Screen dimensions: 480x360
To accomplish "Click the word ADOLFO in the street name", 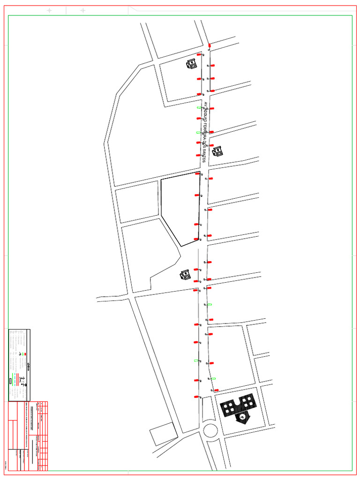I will click(204, 115).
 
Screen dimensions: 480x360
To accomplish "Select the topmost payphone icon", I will click(191, 64).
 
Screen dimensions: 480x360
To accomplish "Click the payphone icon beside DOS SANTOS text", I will click(217, 151).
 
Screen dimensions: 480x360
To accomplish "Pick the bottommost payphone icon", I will click(185, 274).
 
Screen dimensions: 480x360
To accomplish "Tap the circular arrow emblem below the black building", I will click(242, 417).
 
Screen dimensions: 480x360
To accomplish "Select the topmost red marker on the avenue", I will click(209, 45).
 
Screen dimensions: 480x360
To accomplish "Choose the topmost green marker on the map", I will click(199, 107).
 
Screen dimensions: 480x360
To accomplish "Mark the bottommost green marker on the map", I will click(213, 378).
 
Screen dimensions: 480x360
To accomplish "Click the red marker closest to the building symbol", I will click(217, 390).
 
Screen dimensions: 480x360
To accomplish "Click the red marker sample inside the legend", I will click(25, 354).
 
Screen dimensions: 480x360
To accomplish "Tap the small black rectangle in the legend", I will click(10, 381).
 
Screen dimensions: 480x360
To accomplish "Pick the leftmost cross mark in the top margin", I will click(50, 10).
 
